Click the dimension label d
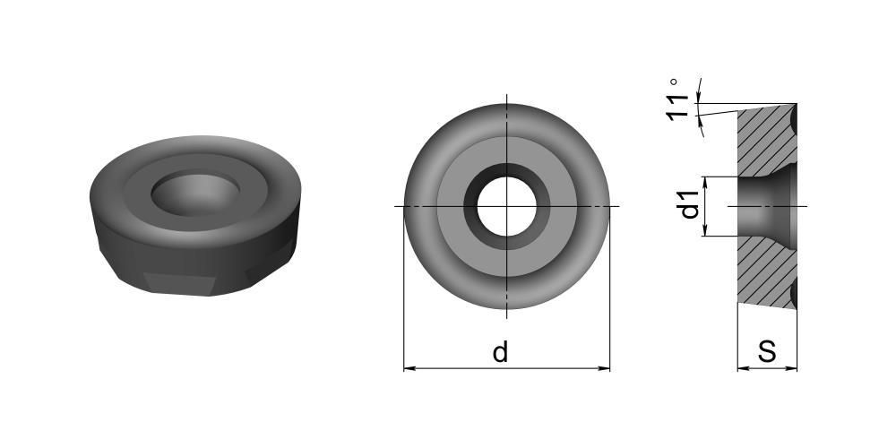(500, 352)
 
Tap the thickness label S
(767, 351)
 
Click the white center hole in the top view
(507, 206)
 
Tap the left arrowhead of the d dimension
(409, 368)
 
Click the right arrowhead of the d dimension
(604, 368)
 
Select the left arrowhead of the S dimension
(743, 368)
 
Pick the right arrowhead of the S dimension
(791, 368)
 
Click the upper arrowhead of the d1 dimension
(705, 182)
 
